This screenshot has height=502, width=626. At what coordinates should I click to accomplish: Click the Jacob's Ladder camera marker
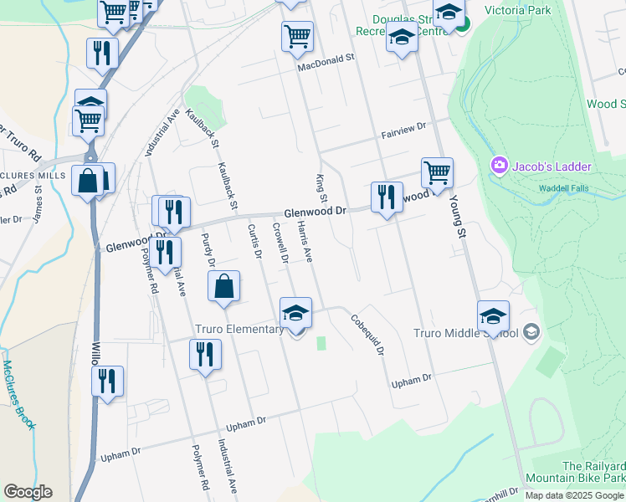pos(500,165)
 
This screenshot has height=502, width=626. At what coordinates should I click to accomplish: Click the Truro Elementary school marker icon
pos(295,314)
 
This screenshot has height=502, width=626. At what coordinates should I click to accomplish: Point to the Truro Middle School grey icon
pos(530,333)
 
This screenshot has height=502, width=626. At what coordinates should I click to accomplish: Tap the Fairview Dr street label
pos(403,128)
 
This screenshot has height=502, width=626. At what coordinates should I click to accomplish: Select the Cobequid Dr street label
pos(367,334)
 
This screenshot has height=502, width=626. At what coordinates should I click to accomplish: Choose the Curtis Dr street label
pos(254,242)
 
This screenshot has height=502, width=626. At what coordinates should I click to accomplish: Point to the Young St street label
pos(457,218)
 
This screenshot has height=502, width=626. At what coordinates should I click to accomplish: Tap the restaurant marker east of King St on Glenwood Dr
pos(385,197)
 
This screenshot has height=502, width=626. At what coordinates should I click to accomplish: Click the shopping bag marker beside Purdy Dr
pos(224,287)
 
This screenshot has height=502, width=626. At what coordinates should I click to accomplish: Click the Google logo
pos(28,492)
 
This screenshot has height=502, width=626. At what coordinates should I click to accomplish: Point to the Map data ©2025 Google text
pos(574,495)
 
